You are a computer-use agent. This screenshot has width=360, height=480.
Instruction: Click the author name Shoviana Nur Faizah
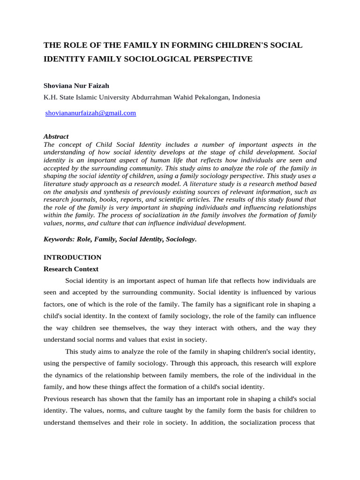(x=76, y=86)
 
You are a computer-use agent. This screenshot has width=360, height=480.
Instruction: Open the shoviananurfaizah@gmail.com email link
(x=90, y=113)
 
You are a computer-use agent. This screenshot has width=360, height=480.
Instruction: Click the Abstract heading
(x=56, y=136)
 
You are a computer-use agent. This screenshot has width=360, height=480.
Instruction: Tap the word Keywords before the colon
(x=59, y=239)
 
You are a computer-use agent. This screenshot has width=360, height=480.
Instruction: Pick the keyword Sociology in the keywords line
(x=181, y=239)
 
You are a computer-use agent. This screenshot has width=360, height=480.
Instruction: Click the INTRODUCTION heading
(x=72, y=257)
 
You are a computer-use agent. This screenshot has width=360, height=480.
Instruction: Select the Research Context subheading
(x=71, y=269)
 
